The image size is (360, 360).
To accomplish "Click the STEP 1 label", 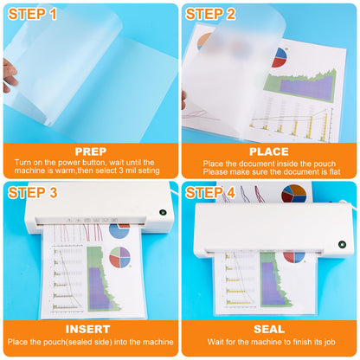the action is click(x=33, y=14).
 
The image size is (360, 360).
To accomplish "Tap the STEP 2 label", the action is click(x=210, y=14).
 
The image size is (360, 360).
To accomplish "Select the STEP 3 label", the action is click(x=33, y=193).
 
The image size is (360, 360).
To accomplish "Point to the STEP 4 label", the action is click(x=210, y=193).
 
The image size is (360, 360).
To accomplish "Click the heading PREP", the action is click(x=91, y=151).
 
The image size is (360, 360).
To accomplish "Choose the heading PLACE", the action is click(x=269, y=151).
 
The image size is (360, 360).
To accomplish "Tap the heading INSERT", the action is click(x=87, y=329).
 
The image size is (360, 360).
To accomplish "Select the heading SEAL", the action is click(x=269, y=329).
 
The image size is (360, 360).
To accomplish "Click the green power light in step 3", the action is click(x=163, y=213).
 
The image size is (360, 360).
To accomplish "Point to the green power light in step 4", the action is click(x=342, y=245).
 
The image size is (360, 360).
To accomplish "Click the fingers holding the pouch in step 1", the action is click(x=10, y=75).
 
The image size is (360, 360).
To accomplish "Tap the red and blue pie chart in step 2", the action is click(x=279, y=57).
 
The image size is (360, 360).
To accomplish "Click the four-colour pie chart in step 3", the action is click(x=120, y=257).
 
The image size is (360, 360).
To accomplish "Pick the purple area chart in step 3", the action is click(x=100, y=288).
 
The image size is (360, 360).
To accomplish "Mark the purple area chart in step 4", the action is click(x=272, y=283).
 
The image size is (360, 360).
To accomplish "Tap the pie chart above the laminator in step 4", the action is click(x=294, y=194).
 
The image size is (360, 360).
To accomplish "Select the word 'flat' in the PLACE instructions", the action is click(x=335, y=172).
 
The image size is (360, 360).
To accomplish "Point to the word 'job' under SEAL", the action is click(x=329, y=343).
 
